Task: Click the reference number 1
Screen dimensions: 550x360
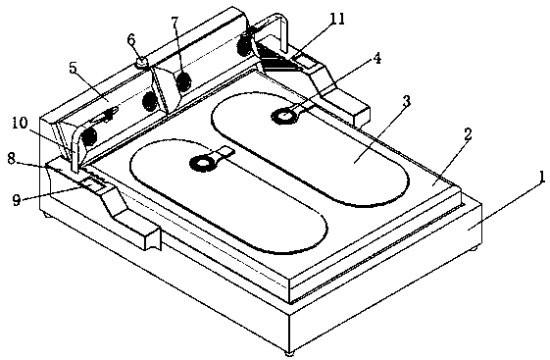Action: click(x=542, y=178)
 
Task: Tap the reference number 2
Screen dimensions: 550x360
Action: click(x=468, y=133)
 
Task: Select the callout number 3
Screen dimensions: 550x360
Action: click(x=406, y=101)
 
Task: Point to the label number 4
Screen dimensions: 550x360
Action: click(x=376, y=58)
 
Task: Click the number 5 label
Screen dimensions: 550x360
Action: click(x=73, y=68)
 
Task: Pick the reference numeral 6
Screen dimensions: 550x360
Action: click(x=130, y=39)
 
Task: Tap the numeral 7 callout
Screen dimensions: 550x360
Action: click(x=175, y=23)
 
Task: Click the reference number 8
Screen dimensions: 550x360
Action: click(x=12, y=159)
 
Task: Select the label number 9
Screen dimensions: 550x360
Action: click(x=16, y=200)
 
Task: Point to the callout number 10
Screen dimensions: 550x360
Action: click(x=20, y=124)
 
